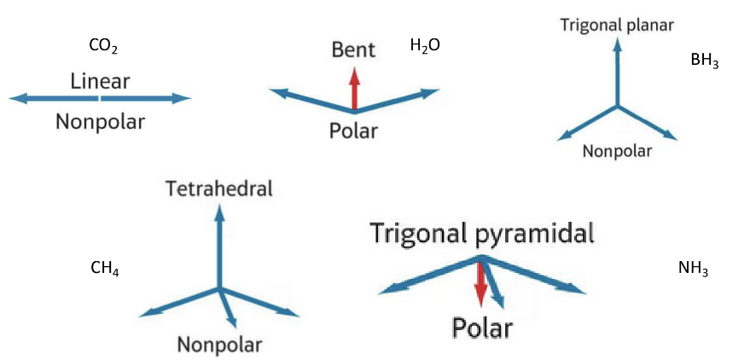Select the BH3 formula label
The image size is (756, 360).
[x=705, y=61]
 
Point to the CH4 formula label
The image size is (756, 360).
[x=104, y=270]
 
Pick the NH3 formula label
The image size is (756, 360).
[x=693, y=269]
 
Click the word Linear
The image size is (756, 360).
[x=101, y=81]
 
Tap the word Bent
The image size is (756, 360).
[x=353, y=50]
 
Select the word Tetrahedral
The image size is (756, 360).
[x=219, y=189]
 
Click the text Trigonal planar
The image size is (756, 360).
[x=617, y=24]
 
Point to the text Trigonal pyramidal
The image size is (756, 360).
[x=481, y=232]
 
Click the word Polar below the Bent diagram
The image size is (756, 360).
[x=353, y=131]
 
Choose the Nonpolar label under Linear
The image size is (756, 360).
[x=101, y=121]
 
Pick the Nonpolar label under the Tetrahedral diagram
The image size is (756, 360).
[x=219, y=345]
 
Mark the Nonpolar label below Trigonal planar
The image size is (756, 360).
[x=617, y=151]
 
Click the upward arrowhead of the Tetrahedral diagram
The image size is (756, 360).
[x=219, y=212]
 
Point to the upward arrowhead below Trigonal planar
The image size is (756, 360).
[x=617, y=44]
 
